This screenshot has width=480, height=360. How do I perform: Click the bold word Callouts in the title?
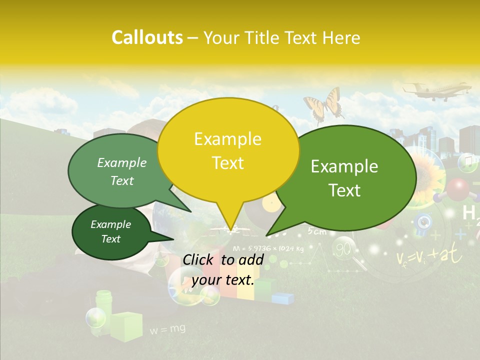[x=147, y=37]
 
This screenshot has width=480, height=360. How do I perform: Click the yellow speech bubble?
[x=228, y=150]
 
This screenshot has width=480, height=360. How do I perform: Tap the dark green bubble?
[x=111, y=232]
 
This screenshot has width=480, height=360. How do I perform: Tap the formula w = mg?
[x=167, y=329]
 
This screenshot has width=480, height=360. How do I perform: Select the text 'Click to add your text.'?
[x=222, y=269]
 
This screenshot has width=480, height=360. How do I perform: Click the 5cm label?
[x=317, y=231]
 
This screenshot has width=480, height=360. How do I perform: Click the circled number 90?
[x=343, y=249]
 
